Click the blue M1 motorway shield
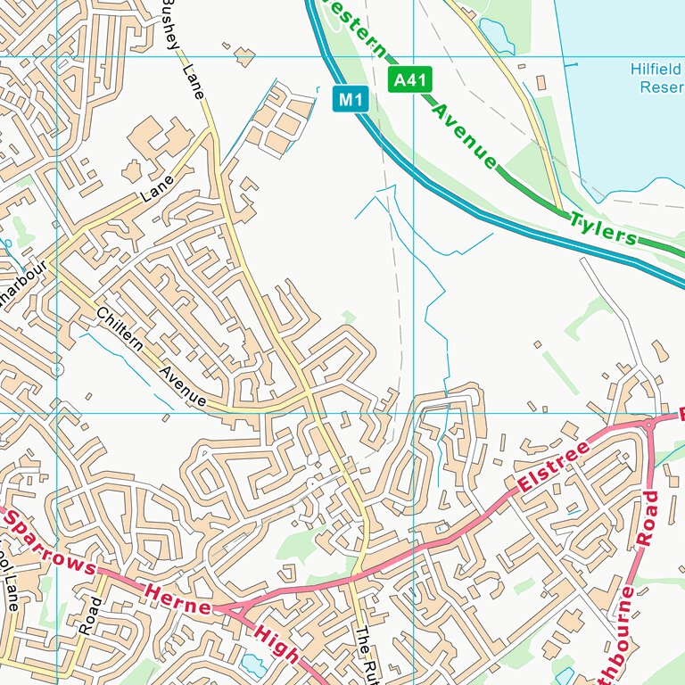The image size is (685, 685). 351,99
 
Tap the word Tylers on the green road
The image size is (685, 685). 604,227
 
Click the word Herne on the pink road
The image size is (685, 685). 177,599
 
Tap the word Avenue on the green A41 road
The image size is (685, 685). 464,136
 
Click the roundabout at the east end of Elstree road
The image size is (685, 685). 648,425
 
